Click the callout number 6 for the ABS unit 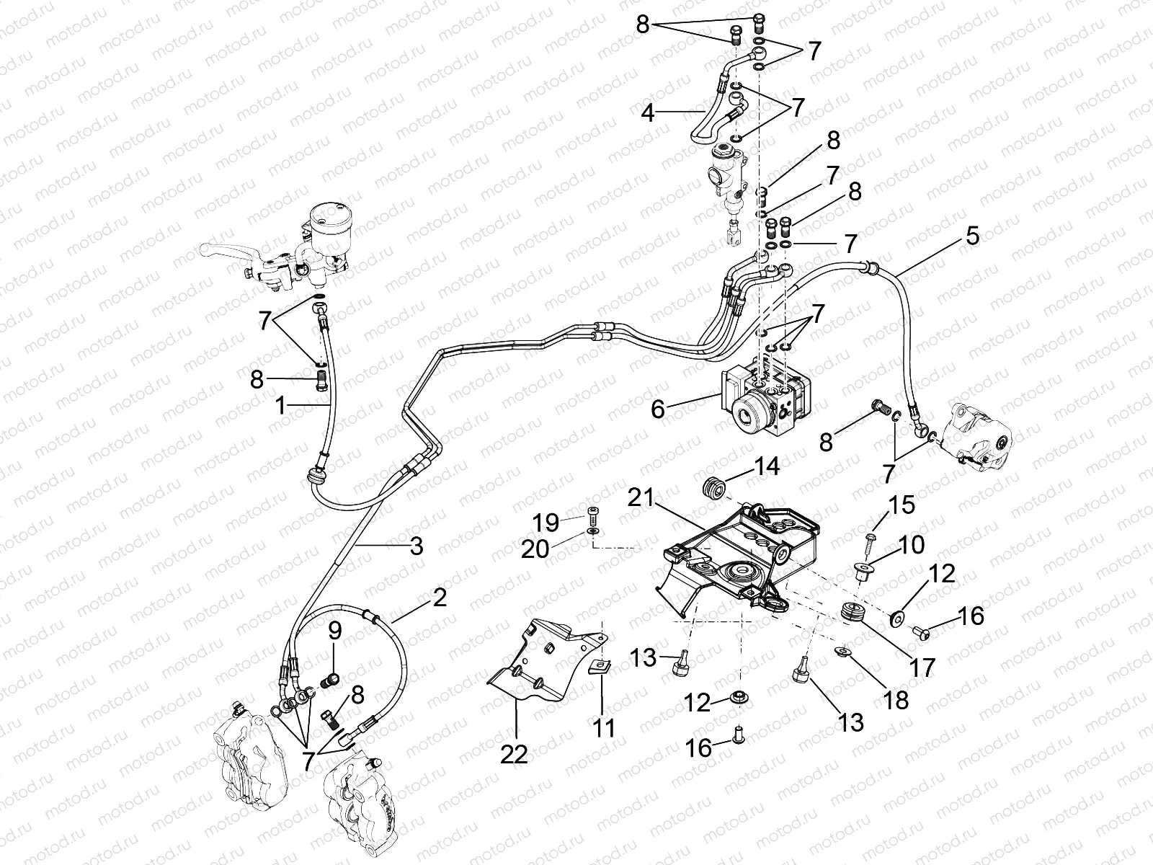(x=657, y=409)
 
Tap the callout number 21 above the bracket (x=641, y=497)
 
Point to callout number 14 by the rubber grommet (x=767, y=466)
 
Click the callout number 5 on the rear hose (x=972, y=236)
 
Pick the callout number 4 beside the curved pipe (x=648, y=113)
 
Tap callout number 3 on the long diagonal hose (x=416, y=546)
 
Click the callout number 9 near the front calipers (x=334, y=633)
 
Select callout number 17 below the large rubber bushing (x=923, y=667)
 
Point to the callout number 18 (x=896, y=699)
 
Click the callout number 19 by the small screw (x=546, y=520)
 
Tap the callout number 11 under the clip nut (x=604, y=727)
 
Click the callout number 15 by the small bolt (x=902, y=505)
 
